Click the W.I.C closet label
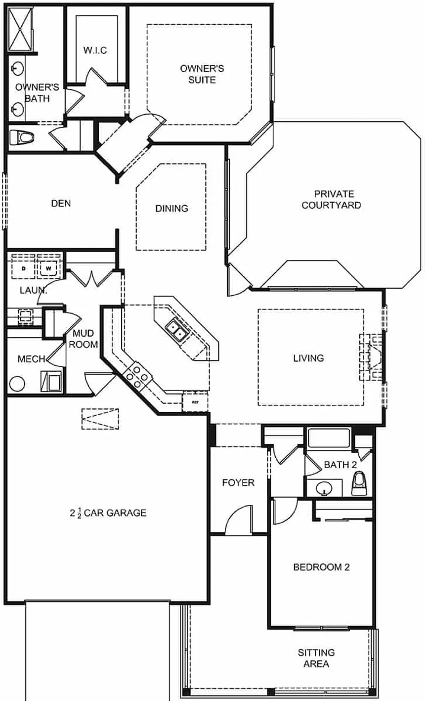pyautogui.click(x=95, y=50)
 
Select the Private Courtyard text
pyautogui.click(x=331, y=199)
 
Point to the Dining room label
pyautogui.click(x=172, y=208)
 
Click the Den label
pyautogui.click(x=61, y=203)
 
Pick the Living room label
pyautogui.click(x=308, y=357)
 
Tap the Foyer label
pyautogui.click(x=238, y=482)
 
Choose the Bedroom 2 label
pyautogui.click(x=321, y=567)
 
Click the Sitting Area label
pyautogui.click(x=316, y=658)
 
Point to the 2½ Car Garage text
pyautogui.click(x=108, y=513)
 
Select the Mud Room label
pyautogui.click(x=83, y=339)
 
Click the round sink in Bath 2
pyautogui.click(x=324, y=488)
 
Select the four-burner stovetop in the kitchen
pyautogui.click(x=137, y=373)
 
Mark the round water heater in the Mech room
pyautogui.click(x=17, y=384)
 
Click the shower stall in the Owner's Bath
pyautogui.click(x=21, y=28)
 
